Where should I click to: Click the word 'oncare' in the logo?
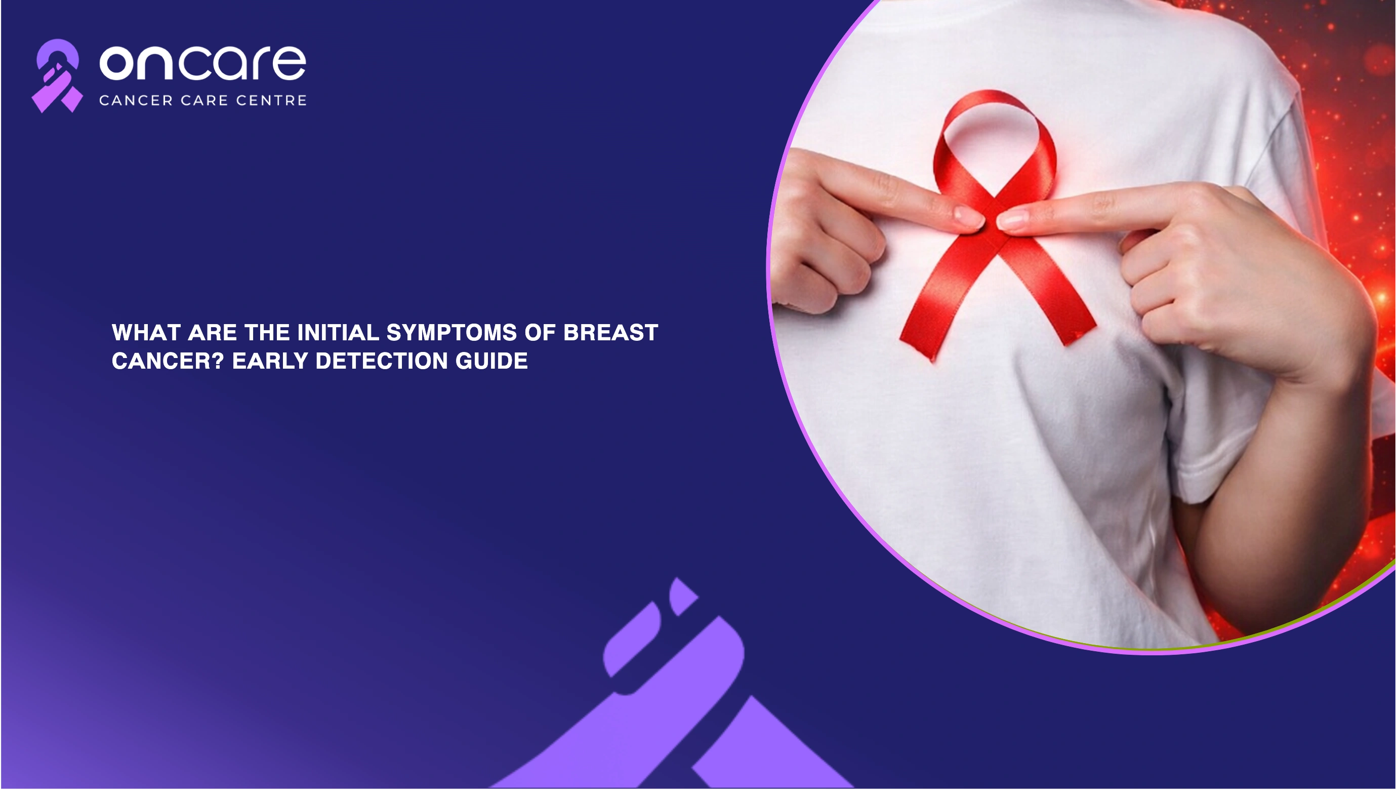pyautogui.click(x=203, y=62)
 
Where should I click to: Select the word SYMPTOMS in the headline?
pyautogui.click(x=451, y=333)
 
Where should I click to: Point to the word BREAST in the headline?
pyautogui.click(x=610, y=333)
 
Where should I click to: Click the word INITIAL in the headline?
pyautogui.click(x=339, y=333)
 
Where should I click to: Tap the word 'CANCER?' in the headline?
pyautogui.click(x=168, y=361)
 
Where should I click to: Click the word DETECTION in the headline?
pyautogui.click(x=382, y=361)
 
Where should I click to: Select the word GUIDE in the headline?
pyautogui.click(x=492, y=361)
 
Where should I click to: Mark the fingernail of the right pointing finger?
pyautogui.click(x=1012, y=219)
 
